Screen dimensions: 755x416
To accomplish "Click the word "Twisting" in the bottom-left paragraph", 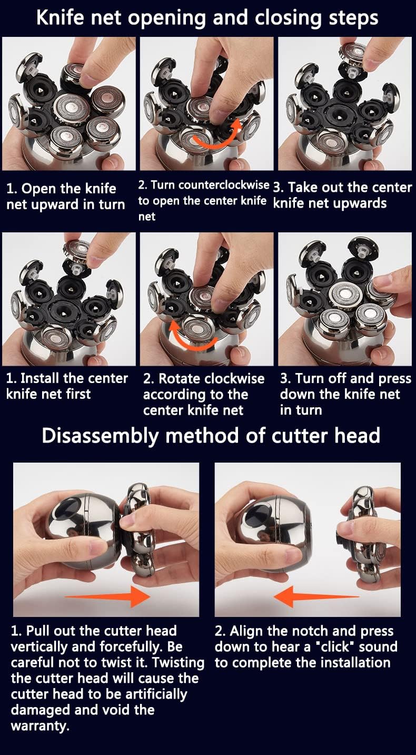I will click(x=174, y=662).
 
